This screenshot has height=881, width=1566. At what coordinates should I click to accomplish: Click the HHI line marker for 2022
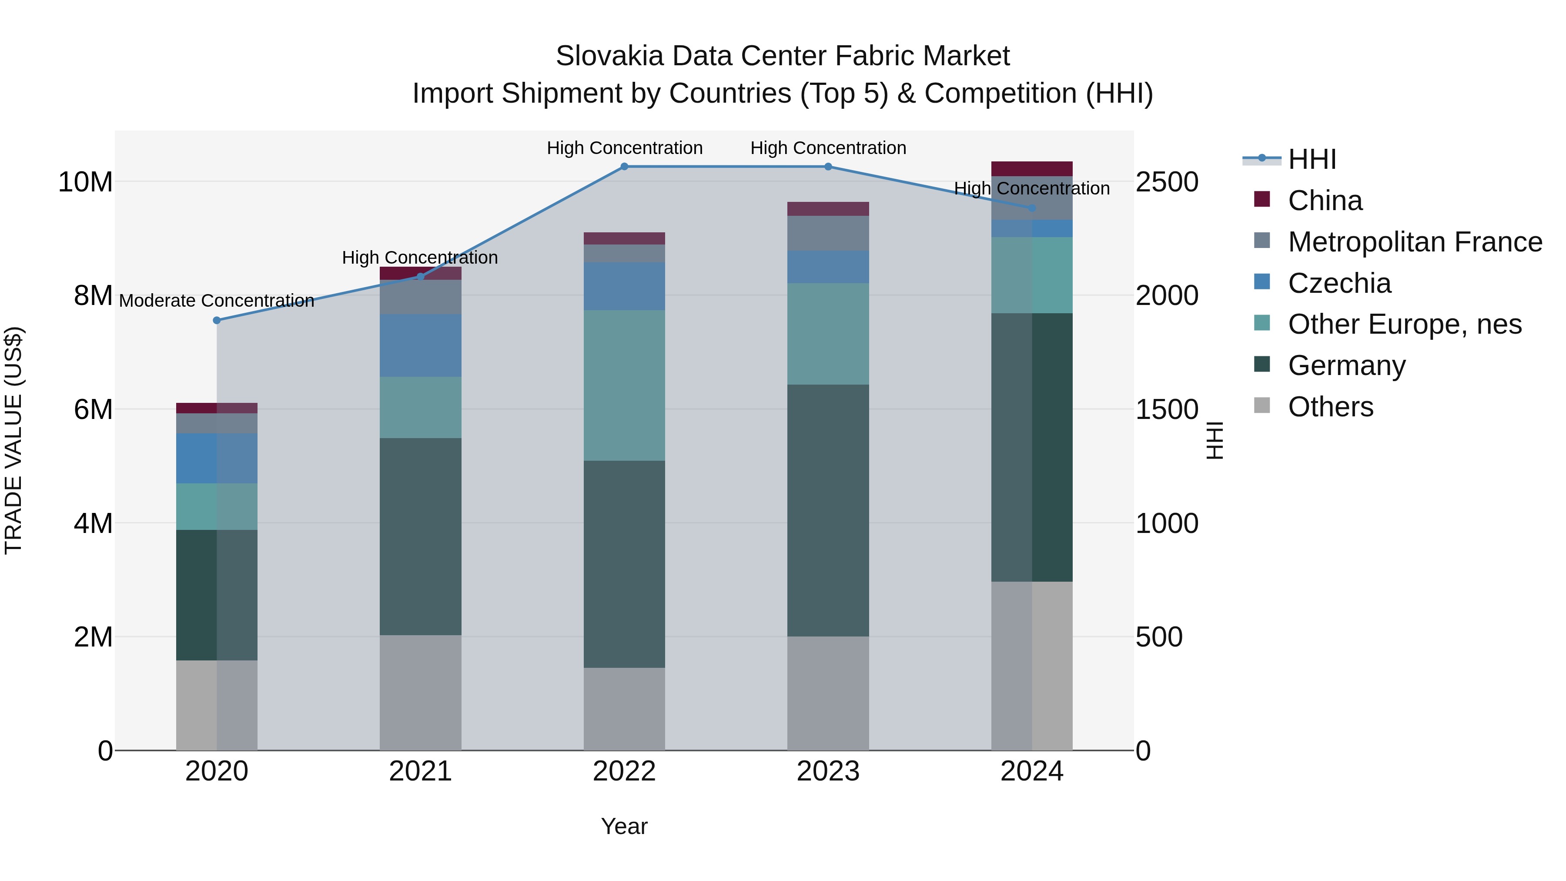click(624, 166)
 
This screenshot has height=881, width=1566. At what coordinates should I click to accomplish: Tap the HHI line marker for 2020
click(217, 320)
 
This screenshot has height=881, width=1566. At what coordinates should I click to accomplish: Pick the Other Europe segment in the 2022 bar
click(624, 385)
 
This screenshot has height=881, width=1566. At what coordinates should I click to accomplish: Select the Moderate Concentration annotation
click(217, 301)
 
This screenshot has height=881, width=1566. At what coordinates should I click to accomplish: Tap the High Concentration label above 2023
click(827, 148)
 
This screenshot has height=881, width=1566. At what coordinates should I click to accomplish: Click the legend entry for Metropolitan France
click(1415, 242)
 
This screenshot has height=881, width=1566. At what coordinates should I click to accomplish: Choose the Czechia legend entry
click(1339, 283)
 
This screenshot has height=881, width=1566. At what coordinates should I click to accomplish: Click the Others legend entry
click(1330, 407)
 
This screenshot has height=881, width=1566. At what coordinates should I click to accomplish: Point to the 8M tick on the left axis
click(93, 296)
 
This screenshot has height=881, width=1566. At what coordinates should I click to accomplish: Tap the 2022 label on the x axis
click(624, 771)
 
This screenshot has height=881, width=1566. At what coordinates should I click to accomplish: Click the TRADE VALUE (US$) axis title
click(13, 440)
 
